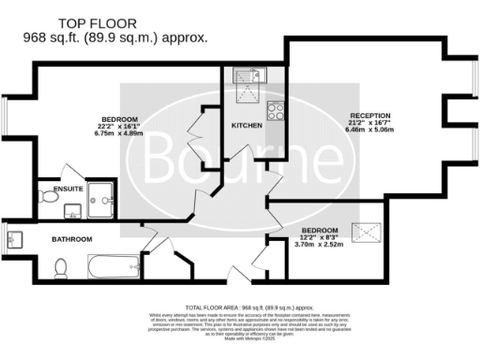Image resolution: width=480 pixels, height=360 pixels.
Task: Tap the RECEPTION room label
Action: (370, 115)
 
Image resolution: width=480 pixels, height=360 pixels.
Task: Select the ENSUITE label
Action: (68, 188)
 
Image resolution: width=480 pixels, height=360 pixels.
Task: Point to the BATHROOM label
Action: (71, 239)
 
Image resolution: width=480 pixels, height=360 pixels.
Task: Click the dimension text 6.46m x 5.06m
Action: (370, 132)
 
